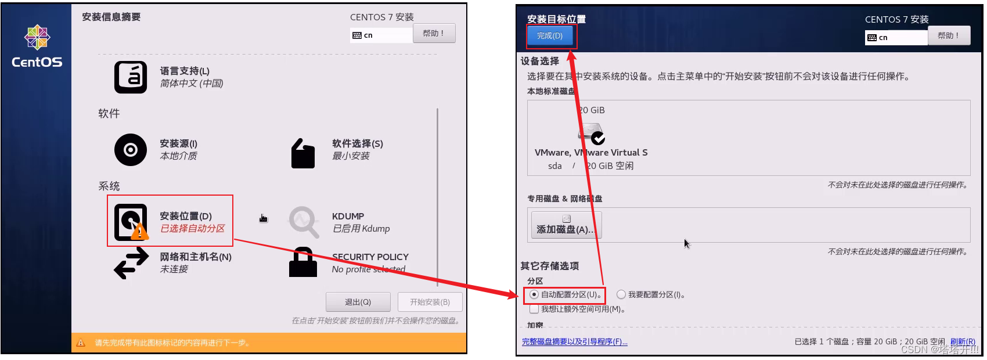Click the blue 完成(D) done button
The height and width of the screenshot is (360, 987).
click(x=549, y=36)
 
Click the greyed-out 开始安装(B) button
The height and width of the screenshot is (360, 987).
click(x=430, y=302)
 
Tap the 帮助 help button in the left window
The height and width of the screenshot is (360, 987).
click(x=434, y=33)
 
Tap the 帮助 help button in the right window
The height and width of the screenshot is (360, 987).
click(x=949, y=36)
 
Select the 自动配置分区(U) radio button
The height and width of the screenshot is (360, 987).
click(x=534, y=294)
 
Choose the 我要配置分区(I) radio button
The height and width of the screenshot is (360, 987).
click(x=621, y=294)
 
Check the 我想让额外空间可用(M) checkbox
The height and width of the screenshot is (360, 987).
click(x=534, y=309)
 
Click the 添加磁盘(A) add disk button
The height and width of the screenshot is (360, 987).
click(x=566, y=225)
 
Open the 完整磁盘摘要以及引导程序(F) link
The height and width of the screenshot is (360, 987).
click(x=574, y=342)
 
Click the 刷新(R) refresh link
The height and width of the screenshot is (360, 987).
click(x=963, y=342)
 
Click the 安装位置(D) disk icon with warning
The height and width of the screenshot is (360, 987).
click(x=131, y=222)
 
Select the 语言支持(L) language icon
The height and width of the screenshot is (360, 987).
click(x=131, y=77)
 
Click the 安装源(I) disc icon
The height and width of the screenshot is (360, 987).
click(x=131, y=150)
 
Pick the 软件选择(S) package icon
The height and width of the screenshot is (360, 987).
click(x=303, y=153)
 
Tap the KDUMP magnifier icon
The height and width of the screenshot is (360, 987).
click(x=304, y=222)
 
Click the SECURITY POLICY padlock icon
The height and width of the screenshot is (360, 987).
click(x=303, y=262)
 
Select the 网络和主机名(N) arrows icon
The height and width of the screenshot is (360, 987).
click(x=131, y=263)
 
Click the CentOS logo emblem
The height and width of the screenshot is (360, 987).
click(x=37, y=38)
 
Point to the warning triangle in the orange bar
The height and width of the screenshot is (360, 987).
click(x=81, y=343)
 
